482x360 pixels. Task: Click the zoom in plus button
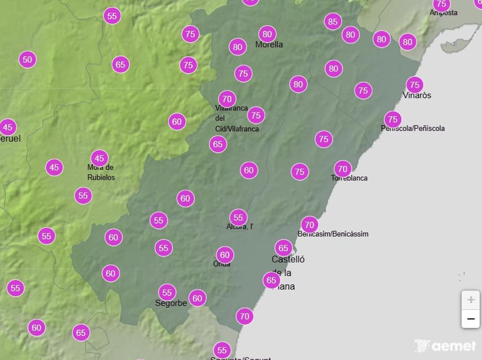470,300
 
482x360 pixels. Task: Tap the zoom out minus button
470,319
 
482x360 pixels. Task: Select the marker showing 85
333,21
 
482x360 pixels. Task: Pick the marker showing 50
27,60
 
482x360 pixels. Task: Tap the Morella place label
269,45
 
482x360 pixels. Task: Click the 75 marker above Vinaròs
415,85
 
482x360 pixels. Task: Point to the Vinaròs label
417,95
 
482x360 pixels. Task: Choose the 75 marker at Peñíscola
393,119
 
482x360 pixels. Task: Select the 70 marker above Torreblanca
343,169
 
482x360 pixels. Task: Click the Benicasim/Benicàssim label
333,234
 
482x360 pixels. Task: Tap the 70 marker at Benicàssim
309,225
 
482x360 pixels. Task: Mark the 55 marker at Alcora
239,218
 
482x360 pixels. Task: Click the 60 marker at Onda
225,255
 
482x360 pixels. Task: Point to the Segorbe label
171,303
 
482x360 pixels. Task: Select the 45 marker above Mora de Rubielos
100,158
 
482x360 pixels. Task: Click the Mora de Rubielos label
101,172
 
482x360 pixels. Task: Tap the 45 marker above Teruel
8,127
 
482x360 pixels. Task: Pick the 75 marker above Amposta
441,4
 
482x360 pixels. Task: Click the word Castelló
288,259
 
